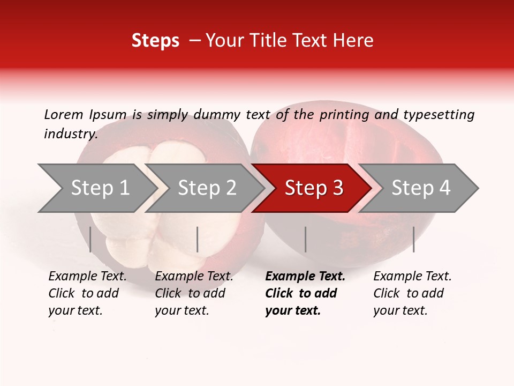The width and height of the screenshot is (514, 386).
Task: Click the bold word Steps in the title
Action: point(155,41)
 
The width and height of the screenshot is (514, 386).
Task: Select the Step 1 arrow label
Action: point(100,188)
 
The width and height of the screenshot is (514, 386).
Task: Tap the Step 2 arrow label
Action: point(207,188)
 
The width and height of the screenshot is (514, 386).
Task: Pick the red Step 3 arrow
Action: point(314,188)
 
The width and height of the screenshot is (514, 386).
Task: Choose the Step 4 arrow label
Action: point(421,188)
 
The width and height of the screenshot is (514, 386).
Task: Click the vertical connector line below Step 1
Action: point(90,239)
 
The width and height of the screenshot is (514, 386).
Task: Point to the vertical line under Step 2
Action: point(198,239)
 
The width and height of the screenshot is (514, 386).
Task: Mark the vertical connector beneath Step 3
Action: point(305,239)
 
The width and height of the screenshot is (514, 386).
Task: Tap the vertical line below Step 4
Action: point(413,239)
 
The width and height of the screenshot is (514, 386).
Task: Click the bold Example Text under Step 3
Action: point(305,277)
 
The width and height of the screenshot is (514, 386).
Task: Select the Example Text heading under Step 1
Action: point(87,277)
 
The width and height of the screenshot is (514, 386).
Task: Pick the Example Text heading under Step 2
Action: point(194,277)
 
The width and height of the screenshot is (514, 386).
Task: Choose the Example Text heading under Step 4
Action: point(412,277)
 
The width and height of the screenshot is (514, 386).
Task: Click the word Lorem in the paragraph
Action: point(64,114)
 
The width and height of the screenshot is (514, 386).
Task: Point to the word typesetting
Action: point(439,114)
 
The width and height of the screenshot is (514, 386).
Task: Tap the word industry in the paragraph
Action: point(71,133)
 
